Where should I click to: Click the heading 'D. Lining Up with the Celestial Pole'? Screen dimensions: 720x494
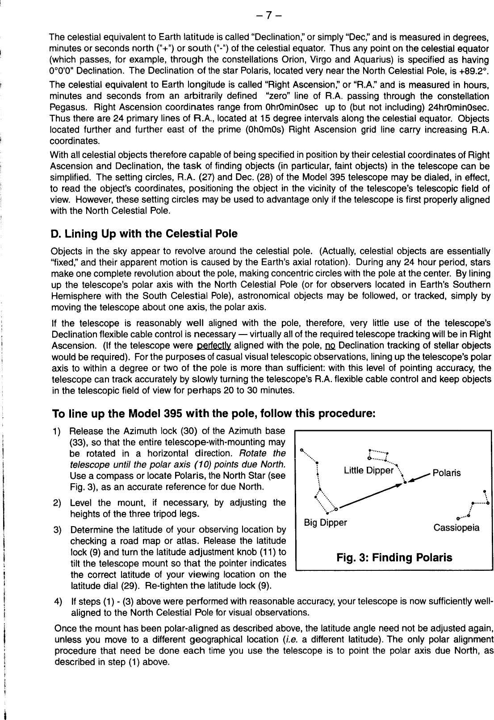coord(145,234)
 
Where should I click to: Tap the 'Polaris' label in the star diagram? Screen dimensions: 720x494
coord(447,473)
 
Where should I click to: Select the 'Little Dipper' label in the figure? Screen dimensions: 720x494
coord(369,470)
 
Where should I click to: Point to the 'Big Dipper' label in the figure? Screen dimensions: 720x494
coord(325,522)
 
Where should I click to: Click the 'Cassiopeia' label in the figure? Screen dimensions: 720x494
coord(456,527)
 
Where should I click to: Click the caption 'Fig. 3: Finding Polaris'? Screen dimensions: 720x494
coord(394,557)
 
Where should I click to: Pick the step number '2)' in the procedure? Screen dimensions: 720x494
coord(57,503)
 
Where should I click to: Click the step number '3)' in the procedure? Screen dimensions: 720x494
coord(57,531)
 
